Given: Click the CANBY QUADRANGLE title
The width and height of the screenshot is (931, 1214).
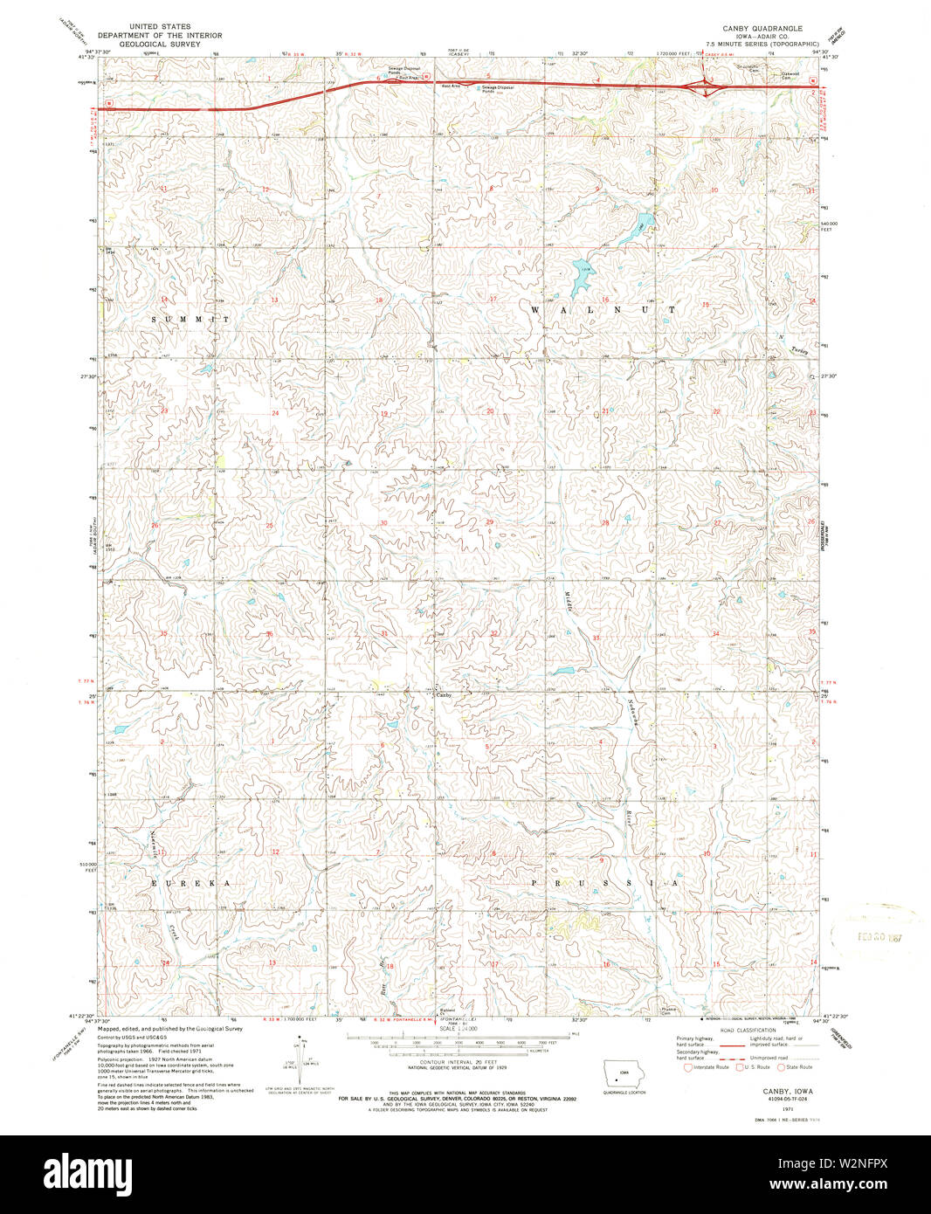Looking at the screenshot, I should [762, 28].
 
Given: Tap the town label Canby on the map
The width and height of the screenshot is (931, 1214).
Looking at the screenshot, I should [444, 695].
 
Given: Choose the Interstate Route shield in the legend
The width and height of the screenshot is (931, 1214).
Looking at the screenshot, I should [688, 1067].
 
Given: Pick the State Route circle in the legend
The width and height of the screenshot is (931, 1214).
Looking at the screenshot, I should [782, 1067].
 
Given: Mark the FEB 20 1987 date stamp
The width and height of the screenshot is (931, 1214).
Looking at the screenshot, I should [877, 934].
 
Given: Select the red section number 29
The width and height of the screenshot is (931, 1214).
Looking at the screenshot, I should [490, 522].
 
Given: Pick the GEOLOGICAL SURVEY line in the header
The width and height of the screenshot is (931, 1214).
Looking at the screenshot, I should [160, 44].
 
